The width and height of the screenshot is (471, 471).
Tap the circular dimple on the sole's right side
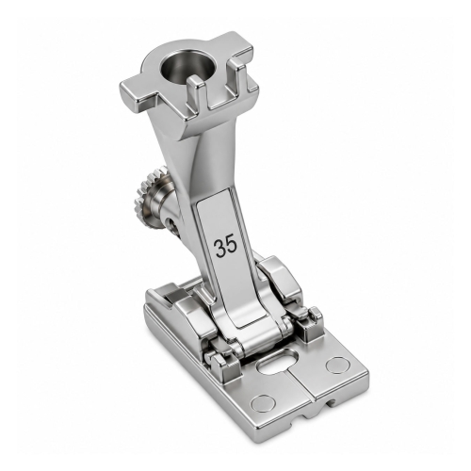click(338, 365)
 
